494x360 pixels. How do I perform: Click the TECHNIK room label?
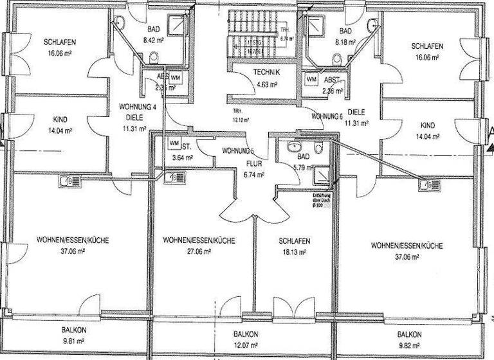click(x=265, y=73)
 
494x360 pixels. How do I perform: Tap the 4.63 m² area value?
click(x=265, y=84)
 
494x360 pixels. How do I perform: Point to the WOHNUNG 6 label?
click(x=327, y=116)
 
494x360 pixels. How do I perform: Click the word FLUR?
click(x=247, y=163)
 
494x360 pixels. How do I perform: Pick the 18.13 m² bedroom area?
click(x=295, y=253)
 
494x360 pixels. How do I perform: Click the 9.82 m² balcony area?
click(x=409, y=345)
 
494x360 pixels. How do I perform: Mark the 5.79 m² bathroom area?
click(x=302, y=167)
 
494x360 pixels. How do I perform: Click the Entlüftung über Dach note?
click(x=322, y=199)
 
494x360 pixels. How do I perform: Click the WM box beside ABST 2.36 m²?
click(x=311, y=79)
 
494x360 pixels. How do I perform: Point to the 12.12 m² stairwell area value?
click(x=241, y=120)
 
